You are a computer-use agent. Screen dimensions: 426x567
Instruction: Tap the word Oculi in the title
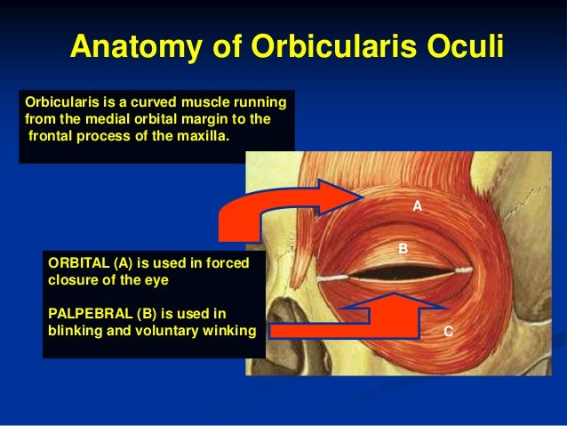(x=462, y=47)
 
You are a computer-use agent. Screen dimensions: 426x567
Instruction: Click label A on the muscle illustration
(x=417, y=205)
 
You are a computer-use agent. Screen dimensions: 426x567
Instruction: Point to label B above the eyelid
(x=402, y=250)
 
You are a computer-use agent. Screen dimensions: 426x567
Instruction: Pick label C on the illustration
(x=448, y=331)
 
